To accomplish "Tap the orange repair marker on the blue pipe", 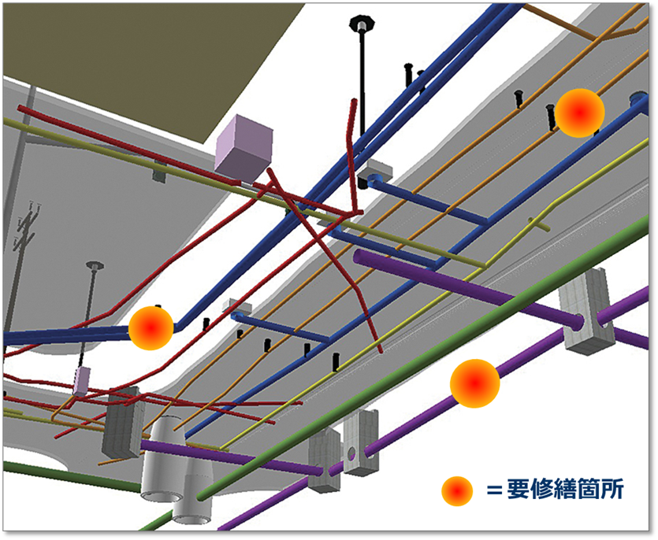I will [151, 327].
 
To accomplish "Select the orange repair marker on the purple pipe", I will [474, 383].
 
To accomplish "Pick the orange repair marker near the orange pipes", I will [579, 113].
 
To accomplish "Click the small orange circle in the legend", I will [456, 490].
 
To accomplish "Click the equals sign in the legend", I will [493, 490].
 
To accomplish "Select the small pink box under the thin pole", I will [82, 379].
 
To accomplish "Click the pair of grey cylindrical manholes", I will [177, 472].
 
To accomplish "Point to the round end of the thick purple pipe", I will [359, 257].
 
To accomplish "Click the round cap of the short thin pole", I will [94, 266].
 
